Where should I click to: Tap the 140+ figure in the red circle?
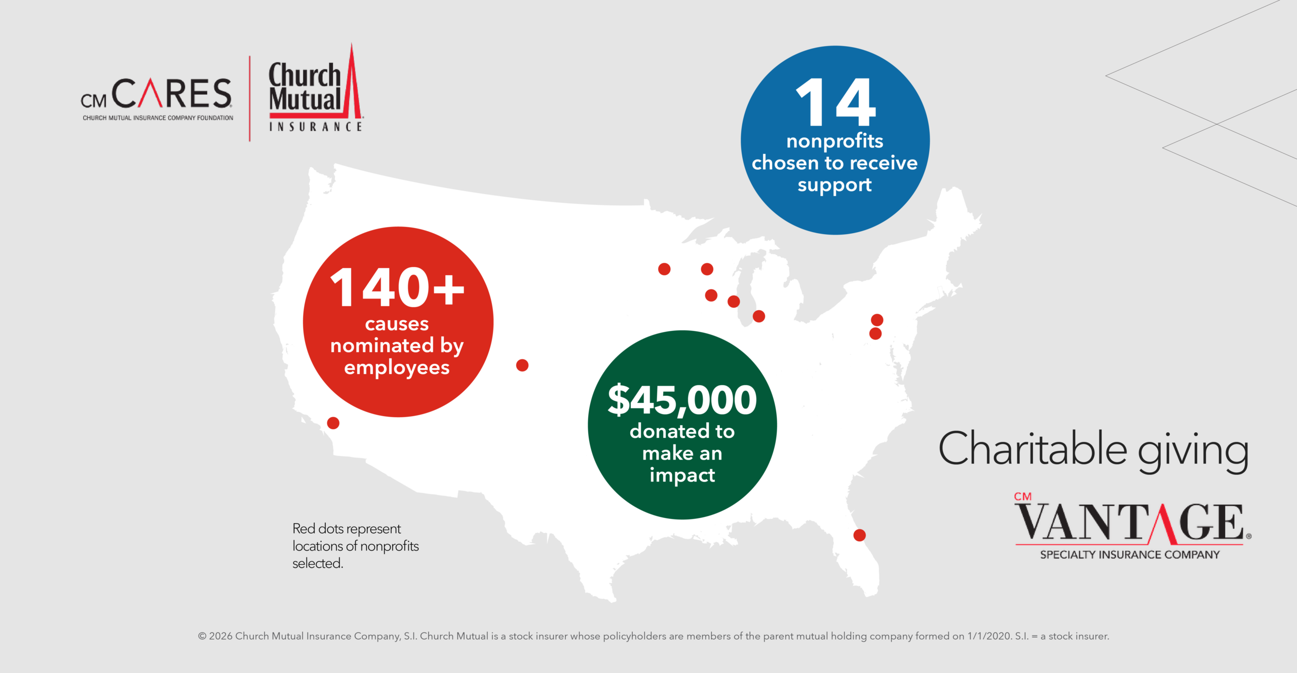[397, 288]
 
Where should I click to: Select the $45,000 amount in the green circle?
[682, 400]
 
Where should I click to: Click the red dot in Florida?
[859, 535]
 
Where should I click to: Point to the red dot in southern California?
[333, 423]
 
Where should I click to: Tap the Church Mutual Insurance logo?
[315, 91]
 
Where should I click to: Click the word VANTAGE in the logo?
[1130, 522]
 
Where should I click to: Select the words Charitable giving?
[1093, 449]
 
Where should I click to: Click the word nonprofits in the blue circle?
[834, 141]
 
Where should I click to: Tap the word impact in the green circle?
[682, 475]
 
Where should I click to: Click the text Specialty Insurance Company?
[1129, 555]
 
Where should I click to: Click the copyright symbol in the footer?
[202, 637]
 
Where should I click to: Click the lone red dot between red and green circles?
[522, 365]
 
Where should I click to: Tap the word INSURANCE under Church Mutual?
[315, 127]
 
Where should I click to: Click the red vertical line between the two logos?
[250, 99]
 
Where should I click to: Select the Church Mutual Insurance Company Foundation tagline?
[158, 118]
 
